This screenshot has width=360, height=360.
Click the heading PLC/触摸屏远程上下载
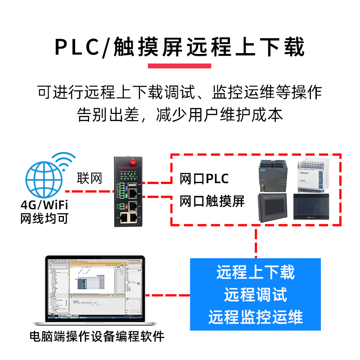(180, 47)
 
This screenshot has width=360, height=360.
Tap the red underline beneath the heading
(180, 66)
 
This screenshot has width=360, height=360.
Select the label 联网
(90, 178)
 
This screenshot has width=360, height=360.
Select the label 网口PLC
(204, 179)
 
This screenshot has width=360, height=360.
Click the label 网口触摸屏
(212, 201)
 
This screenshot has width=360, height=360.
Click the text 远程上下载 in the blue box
(256, 272)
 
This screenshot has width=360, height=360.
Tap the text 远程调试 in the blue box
(256, 295)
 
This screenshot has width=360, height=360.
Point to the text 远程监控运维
(256, 317)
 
